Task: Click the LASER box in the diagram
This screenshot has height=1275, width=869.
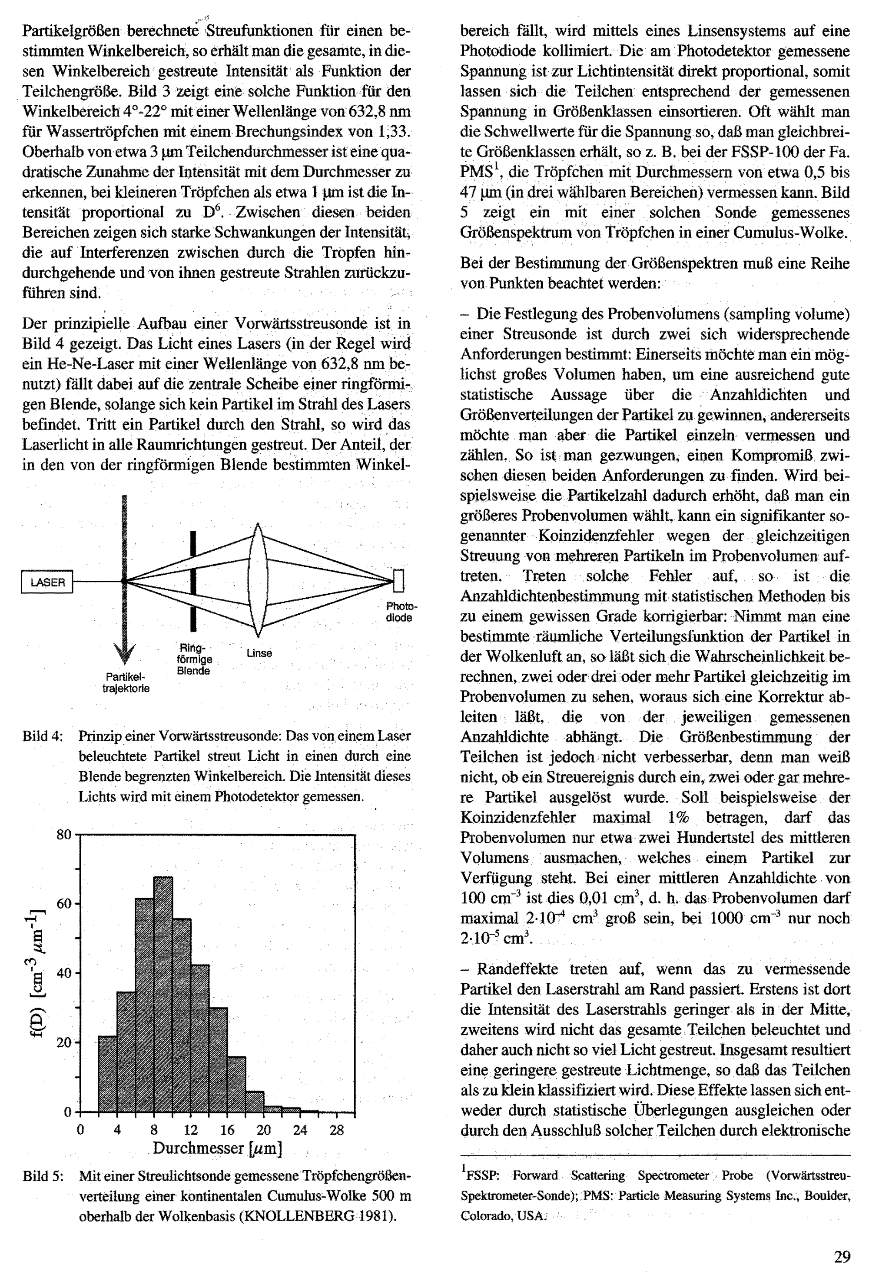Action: point(47,582)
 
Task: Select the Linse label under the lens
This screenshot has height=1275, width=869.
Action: point(259,653)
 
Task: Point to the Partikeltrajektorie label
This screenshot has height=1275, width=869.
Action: point(126,682)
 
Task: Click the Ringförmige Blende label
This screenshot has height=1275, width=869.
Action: point(194,659)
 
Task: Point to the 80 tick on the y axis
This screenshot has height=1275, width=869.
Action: point(63,835)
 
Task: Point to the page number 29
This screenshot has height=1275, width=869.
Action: point(842,1255)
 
